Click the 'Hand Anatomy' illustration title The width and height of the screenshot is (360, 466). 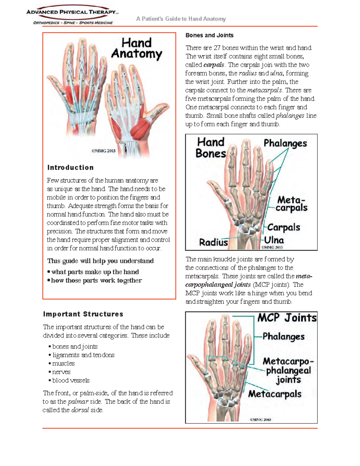tap(136, 48)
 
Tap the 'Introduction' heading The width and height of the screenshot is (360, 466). tap(70, 167)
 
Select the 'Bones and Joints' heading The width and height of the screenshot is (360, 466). tap(209, 35)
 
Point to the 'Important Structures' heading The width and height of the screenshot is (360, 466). tap(83, 314)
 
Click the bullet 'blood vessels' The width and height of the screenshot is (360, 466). tap(71, 380)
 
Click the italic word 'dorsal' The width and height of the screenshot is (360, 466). tap(80, 410)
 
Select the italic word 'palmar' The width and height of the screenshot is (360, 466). tap(78, 401)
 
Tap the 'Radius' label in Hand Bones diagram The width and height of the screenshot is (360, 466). tap(214, 242)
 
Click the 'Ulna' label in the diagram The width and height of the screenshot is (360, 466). tap(274, 240)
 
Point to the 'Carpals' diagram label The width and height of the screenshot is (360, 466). tap(283, 227)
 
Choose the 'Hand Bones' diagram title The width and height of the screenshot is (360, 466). tap(211, 148)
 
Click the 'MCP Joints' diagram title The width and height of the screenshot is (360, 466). tap(287, 318)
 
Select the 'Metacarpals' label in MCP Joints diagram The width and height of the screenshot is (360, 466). tap(274, 394)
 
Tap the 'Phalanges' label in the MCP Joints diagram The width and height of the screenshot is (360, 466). tap(283, 337)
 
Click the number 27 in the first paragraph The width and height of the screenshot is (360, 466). tap(217, 48)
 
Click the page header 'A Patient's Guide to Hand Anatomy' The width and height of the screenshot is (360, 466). tap(181, 19)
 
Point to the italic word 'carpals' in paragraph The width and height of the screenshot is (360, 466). tap(214, 65)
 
